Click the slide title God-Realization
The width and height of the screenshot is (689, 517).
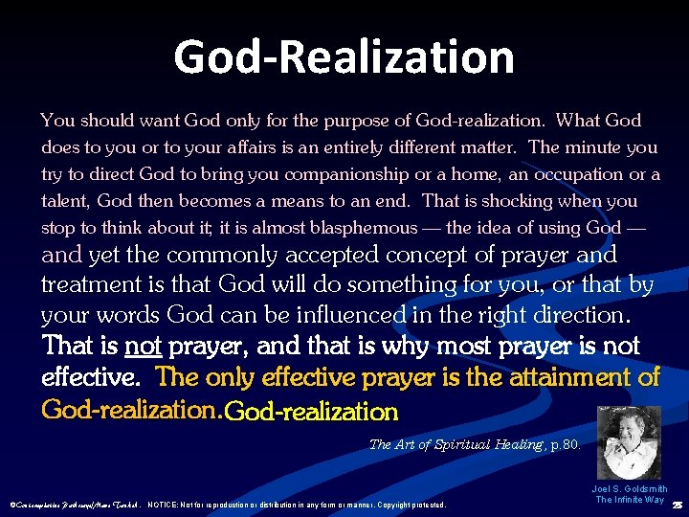coord(344,56)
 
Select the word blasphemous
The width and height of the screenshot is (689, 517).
coord(370,228)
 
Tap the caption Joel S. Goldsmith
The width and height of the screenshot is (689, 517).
coord(630,488)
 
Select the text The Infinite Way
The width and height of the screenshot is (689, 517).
coord(630,500)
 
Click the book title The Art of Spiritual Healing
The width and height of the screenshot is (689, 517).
coord(456,444)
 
